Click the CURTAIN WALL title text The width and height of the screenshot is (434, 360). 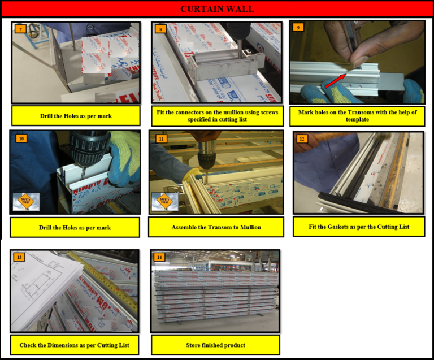click(x=217, y=8)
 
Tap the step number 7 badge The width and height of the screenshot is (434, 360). click(x=21, y=28)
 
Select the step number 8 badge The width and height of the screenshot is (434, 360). click(x=161, y=28)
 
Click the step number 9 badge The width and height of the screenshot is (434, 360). click(x=299, y=28)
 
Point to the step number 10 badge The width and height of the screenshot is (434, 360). click(x=21, y=138)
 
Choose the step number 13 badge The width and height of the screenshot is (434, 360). click(x=20, y=257)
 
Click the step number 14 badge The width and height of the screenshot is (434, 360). click(x=160, y=257)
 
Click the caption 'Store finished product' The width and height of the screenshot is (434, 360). click(x=215, y=345)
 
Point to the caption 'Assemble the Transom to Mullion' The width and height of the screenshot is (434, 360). click(x=216, y=227)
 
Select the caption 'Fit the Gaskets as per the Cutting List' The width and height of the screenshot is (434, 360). click(x=359, y=227)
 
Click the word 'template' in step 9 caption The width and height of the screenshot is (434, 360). click(x=358, y=119)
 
